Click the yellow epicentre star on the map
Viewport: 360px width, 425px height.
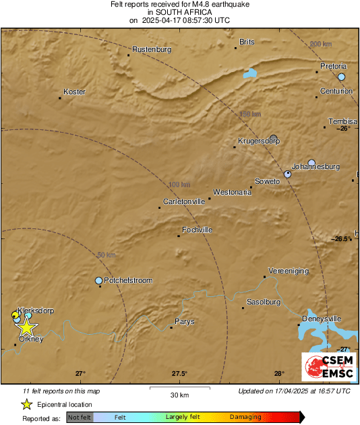pyautogui.click(x=26, y=327)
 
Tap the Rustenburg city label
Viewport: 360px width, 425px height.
pyautogui.click(x=152, y=49)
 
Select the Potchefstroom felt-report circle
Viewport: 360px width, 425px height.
pyautogui.click(x=99, y=280)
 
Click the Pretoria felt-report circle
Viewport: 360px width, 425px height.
pyautogui.click(x=342, y=77)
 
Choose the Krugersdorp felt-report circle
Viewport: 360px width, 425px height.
pyautogui.click(x=274, y=138)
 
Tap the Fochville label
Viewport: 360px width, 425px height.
pyautogui.click(x=198, y=230)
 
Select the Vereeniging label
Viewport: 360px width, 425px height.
pyautogui.click(x=289, y=270)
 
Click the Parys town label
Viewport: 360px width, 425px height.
pyautogui.click(x=185, y=321)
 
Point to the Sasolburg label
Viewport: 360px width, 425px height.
pyautogui.click(x=264, y=302)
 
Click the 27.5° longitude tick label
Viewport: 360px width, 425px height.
pyautogui.click(x=179, y=374)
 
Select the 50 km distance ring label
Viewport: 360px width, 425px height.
pyautogui.click(x=106, y=255)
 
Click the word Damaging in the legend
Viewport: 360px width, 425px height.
pyautogui.click(x=245, y=417)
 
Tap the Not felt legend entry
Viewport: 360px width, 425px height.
pyautogui.click(x=80, y=418)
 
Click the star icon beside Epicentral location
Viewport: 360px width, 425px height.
pyautogui.click(x=26, y=404)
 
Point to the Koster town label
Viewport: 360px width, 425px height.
pyautogui.click(x=74, y=92)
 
